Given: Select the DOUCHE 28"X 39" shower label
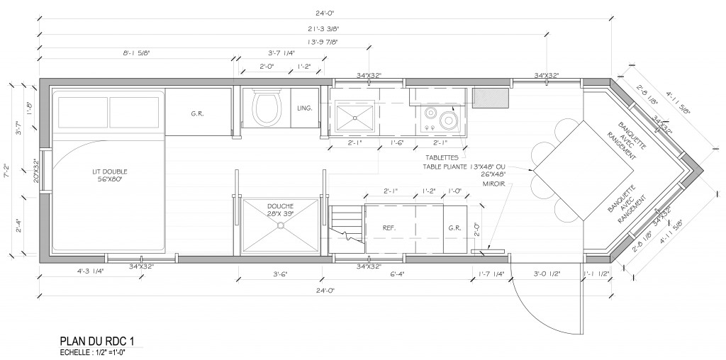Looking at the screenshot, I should tap(281, 210).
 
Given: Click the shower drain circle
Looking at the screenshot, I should tap(281, 225).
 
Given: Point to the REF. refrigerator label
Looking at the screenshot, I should tap(389, 228).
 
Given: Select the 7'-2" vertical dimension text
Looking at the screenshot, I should tap(8, 172).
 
